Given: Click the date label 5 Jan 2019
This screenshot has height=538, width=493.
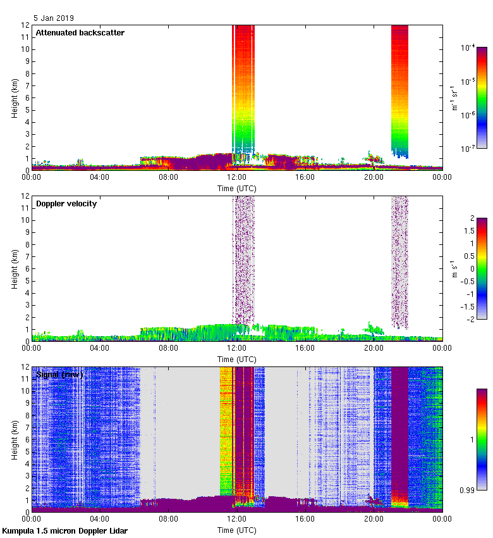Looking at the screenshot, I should click(x=54, y=18).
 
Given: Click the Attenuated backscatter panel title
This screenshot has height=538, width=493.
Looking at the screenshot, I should click(x=80, y=33).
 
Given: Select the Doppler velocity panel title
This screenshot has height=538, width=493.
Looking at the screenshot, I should click(x=66, y=204).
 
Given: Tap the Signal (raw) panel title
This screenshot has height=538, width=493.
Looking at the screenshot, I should click(x=59, y=375).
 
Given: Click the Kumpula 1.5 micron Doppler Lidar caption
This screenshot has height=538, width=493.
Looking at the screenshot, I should click(x=64, y=530).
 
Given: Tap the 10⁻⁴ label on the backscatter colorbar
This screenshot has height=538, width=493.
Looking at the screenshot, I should click(x=468, y=48).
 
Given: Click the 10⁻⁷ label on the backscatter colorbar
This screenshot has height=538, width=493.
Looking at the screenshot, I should click(x=468, y=149).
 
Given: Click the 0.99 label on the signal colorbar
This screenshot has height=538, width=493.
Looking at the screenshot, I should click(x=467, y=489).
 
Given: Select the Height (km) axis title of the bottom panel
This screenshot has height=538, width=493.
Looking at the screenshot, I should click(x=14, y=439).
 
